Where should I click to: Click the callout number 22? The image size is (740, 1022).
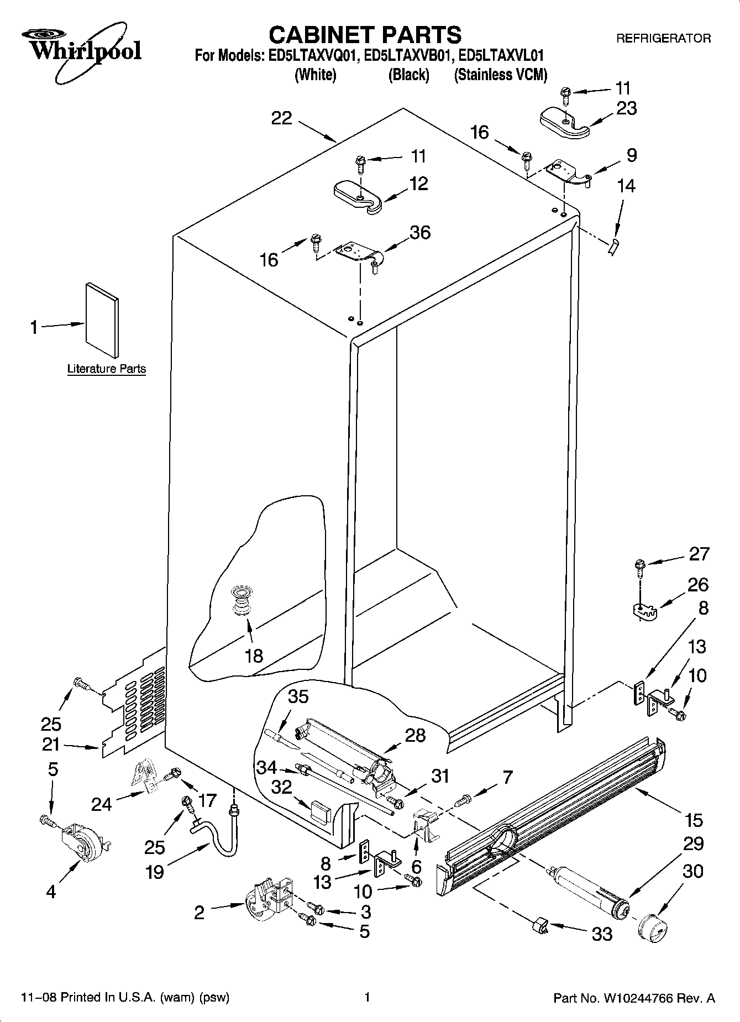[281, 118]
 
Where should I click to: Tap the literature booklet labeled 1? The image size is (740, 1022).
[102, 320]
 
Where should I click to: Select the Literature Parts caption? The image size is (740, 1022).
[107, 369]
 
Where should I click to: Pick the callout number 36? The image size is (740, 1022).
[420, 232]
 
